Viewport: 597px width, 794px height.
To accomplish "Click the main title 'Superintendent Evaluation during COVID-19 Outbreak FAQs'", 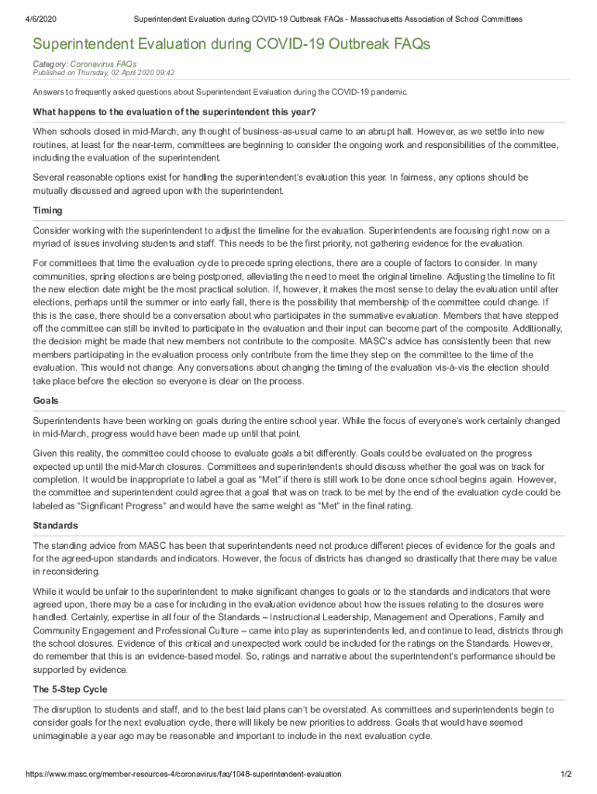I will point(230,43).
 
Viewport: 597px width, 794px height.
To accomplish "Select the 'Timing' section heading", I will point(47,210).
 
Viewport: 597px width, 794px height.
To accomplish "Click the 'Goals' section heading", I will point(46,401).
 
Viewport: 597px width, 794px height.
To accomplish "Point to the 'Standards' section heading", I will point(54,525).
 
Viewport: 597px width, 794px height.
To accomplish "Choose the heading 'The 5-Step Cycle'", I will point(70,689).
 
